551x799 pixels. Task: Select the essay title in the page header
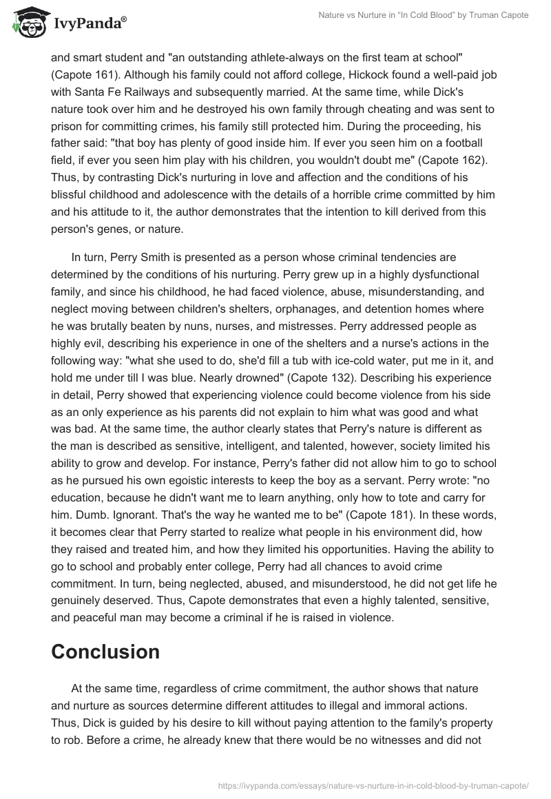[x=423, y=15]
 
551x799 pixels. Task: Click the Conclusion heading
[x=105, y=652]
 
